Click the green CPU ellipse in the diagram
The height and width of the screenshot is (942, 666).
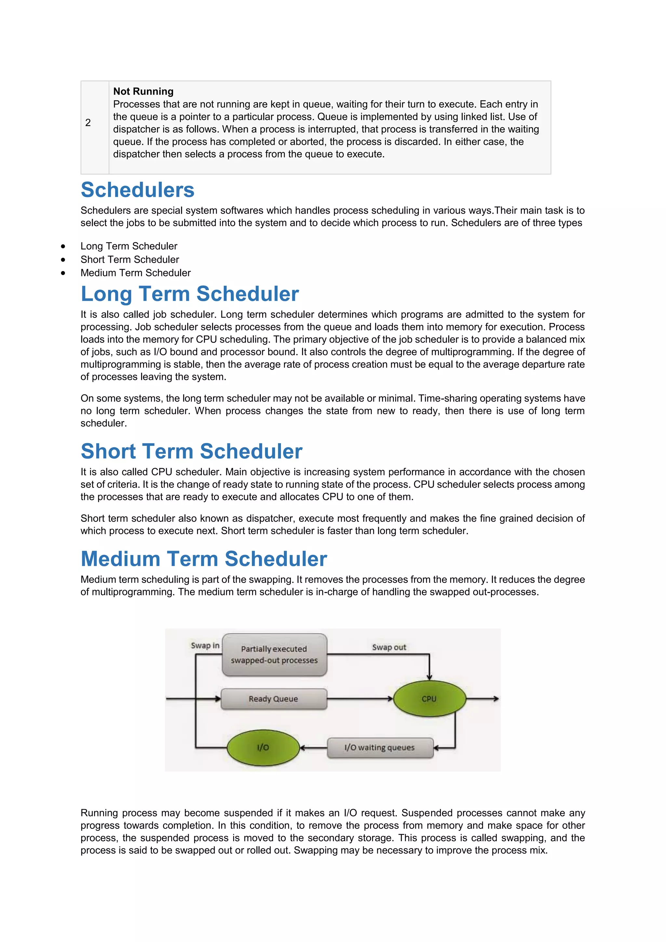pos(429,699)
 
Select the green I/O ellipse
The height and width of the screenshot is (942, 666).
pos(263,747)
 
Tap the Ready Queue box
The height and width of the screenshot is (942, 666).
pos(273,699)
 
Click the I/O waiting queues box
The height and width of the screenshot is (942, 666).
pos(380,747)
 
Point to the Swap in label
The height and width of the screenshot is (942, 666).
pos(205,645)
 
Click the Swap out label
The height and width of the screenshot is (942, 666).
pos(389,647)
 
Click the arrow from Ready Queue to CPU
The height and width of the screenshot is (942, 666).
pos(360,699)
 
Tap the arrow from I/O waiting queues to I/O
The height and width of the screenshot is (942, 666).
pos(314,748)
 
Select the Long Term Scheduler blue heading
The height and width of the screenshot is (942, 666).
pos(190,294)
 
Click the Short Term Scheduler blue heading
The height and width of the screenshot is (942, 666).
pos(191,451)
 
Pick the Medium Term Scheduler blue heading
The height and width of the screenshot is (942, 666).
pos(204,559)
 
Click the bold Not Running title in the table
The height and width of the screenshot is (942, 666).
pos(143,91)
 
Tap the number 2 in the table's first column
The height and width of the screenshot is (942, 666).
pos(88,123)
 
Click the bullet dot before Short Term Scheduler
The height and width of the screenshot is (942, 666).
pos(63,260)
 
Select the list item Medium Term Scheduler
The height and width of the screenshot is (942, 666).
pos(135,273)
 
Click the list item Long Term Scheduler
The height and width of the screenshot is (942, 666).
pos(129,246)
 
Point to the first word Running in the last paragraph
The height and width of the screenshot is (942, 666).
pos(99,813)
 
